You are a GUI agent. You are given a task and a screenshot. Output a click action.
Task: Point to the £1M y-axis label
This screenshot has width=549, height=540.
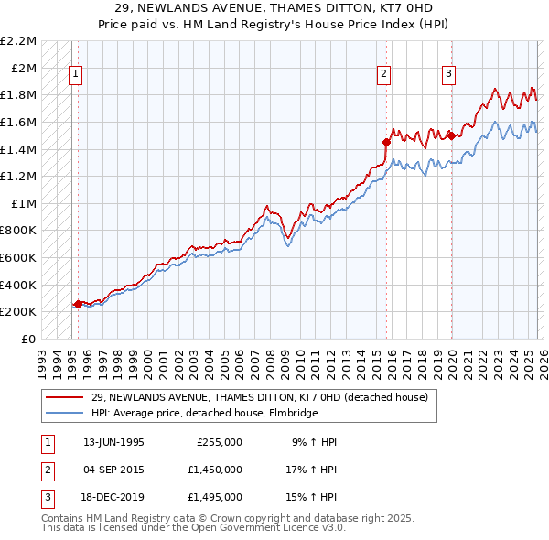[x=23, y=203]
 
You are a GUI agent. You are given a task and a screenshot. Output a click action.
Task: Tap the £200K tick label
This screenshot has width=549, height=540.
[x=18, y=311]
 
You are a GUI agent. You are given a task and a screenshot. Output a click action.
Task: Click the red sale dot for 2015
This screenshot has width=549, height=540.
[x=386, y=142]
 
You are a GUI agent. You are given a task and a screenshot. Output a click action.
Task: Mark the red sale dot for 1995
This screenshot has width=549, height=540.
[x=78, y=305]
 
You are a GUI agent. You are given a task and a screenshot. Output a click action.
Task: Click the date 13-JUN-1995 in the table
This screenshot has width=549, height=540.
[x=113, y=442]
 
